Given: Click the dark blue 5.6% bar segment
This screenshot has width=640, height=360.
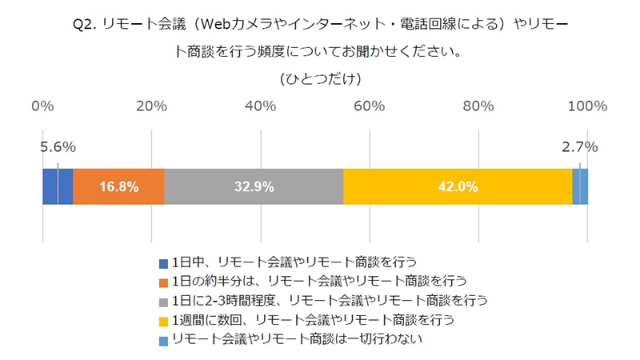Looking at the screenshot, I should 57,186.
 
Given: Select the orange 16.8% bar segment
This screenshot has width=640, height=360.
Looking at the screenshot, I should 118,186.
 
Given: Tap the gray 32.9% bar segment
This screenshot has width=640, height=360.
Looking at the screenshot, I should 254,186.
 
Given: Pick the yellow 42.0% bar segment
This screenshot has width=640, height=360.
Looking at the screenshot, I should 458,186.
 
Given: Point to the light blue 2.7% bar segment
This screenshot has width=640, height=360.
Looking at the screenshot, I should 581,186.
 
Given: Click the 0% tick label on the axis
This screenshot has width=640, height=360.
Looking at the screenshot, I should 42,106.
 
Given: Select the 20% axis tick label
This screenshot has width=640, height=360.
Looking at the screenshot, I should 151,106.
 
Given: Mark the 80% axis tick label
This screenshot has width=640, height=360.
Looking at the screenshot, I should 478,106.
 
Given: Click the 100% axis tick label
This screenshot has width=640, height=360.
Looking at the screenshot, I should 588,106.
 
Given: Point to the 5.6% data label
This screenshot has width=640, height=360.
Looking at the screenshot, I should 58,146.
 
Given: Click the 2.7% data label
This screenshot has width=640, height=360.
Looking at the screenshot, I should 581,146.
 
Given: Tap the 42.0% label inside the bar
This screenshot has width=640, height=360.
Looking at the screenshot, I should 458,186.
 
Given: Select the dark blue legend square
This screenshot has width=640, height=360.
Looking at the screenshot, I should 163,263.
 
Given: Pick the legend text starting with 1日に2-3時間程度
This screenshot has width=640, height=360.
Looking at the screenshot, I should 329,301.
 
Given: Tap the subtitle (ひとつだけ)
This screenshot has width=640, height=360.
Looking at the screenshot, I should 320,78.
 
